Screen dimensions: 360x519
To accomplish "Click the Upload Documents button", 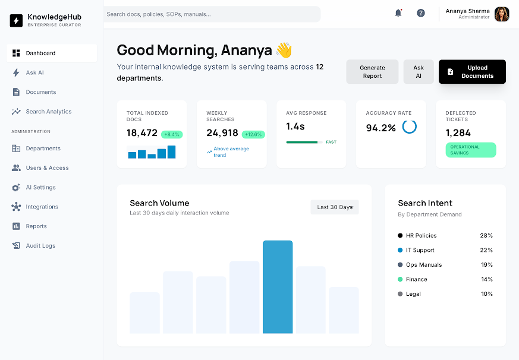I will click(x=472, y=72).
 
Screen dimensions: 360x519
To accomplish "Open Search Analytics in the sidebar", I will click(x=48, y=112).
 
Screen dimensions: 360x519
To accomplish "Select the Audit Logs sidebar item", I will click(x=40, y=246).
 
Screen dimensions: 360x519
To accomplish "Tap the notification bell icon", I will click(x=398, y=13).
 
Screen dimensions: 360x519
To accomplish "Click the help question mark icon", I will click(x=421, y=13).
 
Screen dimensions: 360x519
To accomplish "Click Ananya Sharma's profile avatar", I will click(x=502, y=14).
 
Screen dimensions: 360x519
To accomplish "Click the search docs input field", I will click(x=212, y=14).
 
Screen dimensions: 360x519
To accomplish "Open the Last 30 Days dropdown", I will click(x=335, y=207).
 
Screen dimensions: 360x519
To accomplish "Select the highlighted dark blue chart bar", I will click(x=278, y=287).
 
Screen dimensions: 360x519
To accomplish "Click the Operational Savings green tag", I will click(x=471, y=150).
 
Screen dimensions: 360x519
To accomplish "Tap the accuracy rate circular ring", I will click(x=410, y=127).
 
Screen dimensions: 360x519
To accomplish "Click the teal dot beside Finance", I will click(x=400, y=279).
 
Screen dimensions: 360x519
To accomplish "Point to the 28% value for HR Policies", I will click(x=486, y=236).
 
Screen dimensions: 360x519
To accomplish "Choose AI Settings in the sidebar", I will click(x=40, y=188).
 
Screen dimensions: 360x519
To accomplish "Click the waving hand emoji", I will click(x=284, y=50).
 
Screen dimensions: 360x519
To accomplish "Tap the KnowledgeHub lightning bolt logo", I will click(x=16, y=20).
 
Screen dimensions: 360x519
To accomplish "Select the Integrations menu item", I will click(x=42, y=207).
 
